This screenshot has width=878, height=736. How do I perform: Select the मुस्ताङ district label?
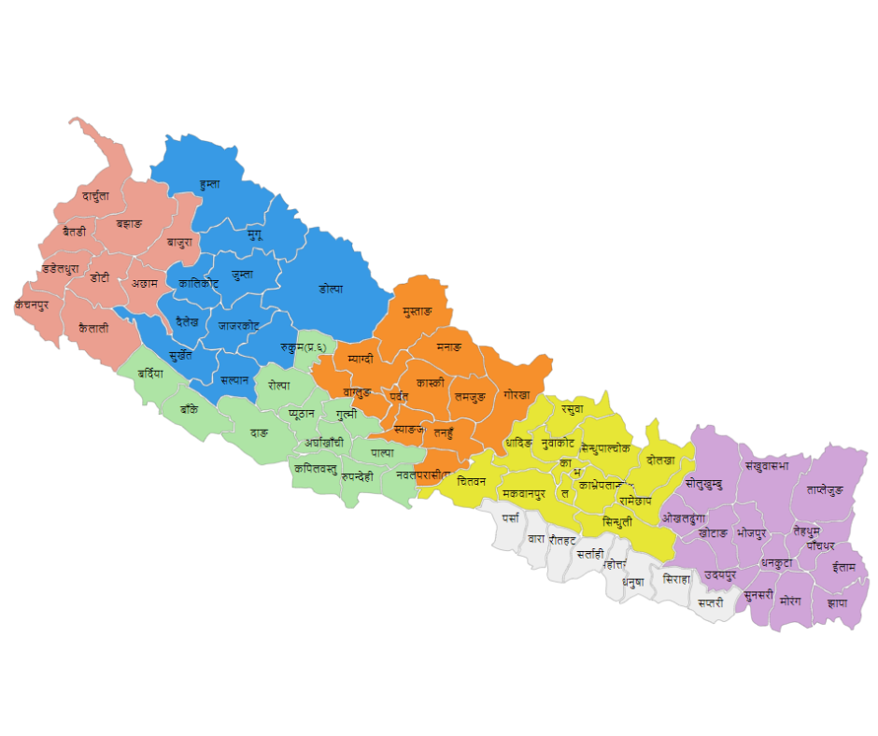pyautogui.click(x=412, y=310)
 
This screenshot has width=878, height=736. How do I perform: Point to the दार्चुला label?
pyautogui.click(x=95, y=196)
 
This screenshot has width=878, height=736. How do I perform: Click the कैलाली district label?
pyautogui.click(x=93, y=328)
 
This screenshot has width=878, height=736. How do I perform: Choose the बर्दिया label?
pyautogui.click(x=149, y=374)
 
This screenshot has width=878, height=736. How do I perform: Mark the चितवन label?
pyautogui.click(x=465, y=481)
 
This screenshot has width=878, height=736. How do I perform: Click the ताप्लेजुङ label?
pyautogui.click(x=825, y=489)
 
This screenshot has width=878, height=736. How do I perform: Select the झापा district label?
pyautogui.click(x=837, y=602)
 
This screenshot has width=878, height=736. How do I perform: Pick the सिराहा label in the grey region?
pyautogui.click(x=676, y=579)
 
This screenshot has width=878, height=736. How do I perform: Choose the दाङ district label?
pyautogui.click(x=259, y=433)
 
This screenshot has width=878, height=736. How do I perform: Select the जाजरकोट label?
pyautogui.click(x=238, y=327)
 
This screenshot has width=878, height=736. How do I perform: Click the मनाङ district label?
pyautogui.click(x=448, y=347)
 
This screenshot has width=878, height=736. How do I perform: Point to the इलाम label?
pyautogui.click(x=843, y=567)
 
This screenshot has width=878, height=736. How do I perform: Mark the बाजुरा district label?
pyautogui.click(x=179, y=242)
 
